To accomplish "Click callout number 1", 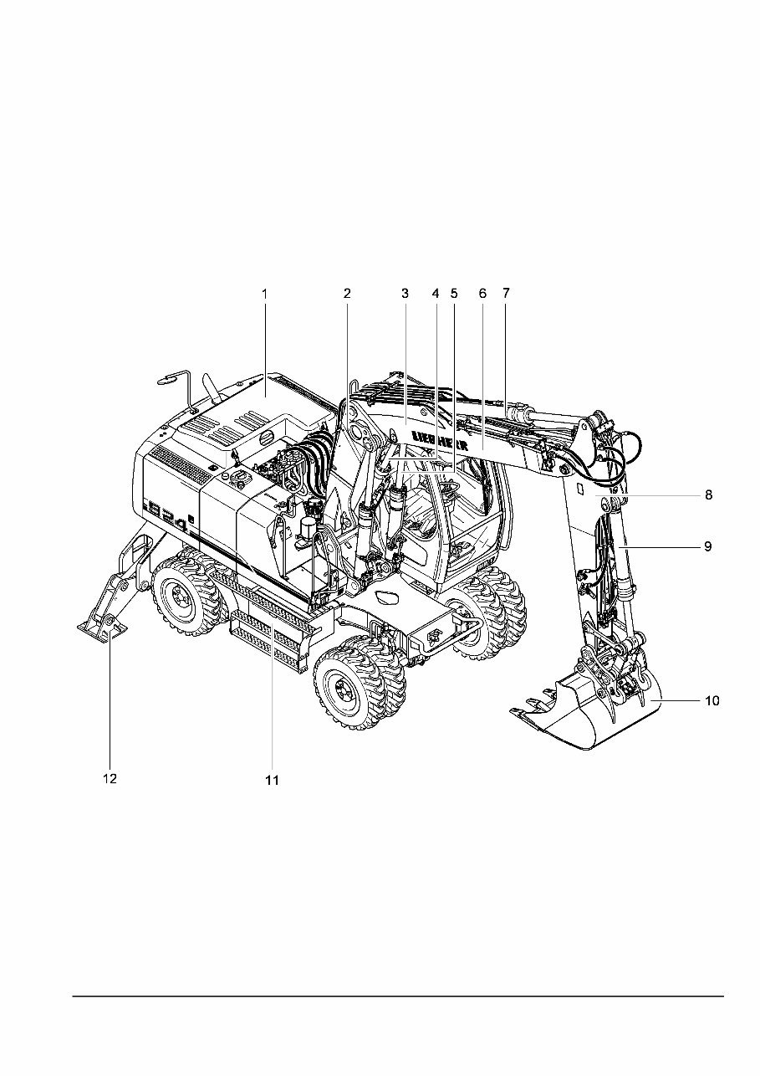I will click(x=264, y=294).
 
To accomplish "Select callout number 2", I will click(x=346, y=294).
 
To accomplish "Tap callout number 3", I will click(x=405, y=294).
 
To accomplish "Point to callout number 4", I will click(x=435, y=294).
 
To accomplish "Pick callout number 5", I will click(x=454, y=294).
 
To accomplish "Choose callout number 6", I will click(x=482, y=294).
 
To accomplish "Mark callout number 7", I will click(x=505, y=294).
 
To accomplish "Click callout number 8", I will click(x=708, y=494).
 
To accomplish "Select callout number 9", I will click(x=707, y=546).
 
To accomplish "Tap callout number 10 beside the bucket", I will click(x=711, y=701).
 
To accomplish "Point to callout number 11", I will click(x=271, y=780).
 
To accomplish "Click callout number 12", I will click(x=110, y=778).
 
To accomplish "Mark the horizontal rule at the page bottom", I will click(x=397, y=996).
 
